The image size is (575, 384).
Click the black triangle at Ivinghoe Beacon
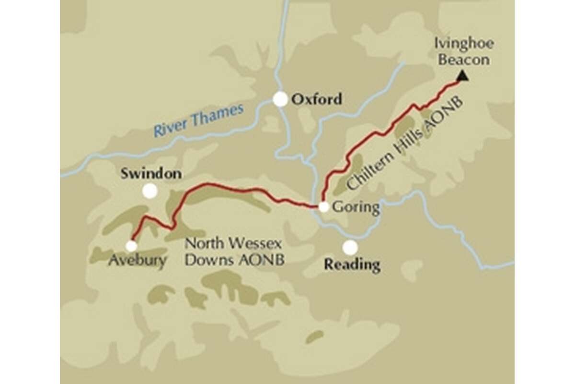click(x=462, y=75)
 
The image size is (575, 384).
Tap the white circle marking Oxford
click(x=280, y=99)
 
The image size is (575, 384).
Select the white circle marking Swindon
click(x=150, y=191)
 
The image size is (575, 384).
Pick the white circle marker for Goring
click(x=324, y=207)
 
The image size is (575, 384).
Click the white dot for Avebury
click(x=131, y=246)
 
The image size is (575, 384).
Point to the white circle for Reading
click(x=350, y=247)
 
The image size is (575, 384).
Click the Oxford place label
click(x=317, y=99)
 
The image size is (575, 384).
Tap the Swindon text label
click(x=151, y=173)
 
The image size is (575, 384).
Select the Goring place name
click(x=356, y=208)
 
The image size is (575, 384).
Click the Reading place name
click(x=352, y=264)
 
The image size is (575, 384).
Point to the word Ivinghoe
click(x=464, y=44)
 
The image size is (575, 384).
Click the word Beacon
click(x=464, y=60)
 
